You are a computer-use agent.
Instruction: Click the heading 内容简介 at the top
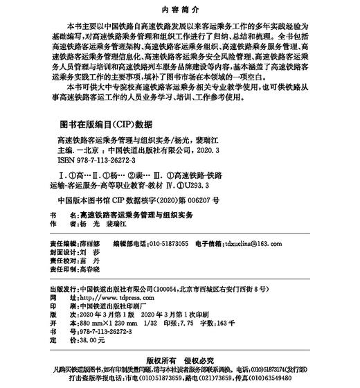pos(180,10)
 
